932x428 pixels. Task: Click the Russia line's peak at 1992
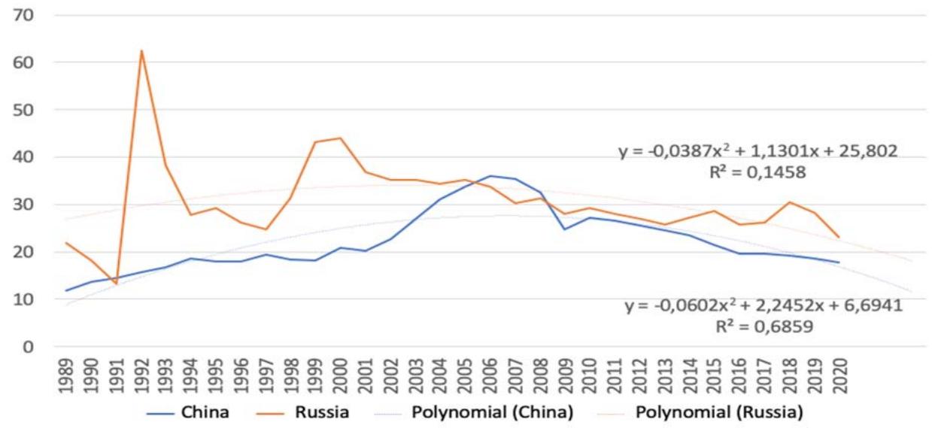[x=141, y=51]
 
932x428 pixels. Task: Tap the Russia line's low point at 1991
[x=116, y=284]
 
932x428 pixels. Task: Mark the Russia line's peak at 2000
[x=341, y=138]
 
